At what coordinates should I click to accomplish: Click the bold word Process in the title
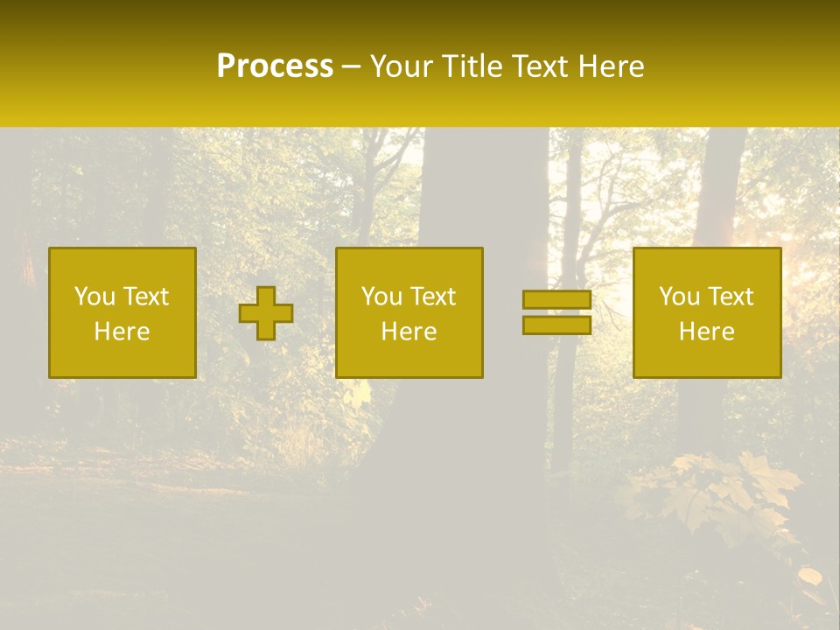click(x=275, y=66)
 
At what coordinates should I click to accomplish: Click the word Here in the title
click(x=613, y=66)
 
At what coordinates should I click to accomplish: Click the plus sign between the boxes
click(x=266, y=313)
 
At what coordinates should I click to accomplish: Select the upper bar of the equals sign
click(x=556, y=299)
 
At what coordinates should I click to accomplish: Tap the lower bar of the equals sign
click(x=556, y=325)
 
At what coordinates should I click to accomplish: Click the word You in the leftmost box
click(x=94, y=297)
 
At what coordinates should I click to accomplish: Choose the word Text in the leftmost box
click(x=146, y=297)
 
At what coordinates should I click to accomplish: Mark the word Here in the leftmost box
click(x=122, y=332)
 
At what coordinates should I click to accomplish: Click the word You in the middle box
click(x=381, y=297)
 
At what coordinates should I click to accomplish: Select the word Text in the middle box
click(x=433, y=297)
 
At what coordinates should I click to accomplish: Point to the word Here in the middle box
click(x=409, y=332)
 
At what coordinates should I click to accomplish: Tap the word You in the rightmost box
click(x=678, y=297)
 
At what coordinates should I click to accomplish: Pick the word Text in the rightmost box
click(x=731, y=297)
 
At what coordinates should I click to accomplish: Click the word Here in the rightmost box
click(x=706, y=332)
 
